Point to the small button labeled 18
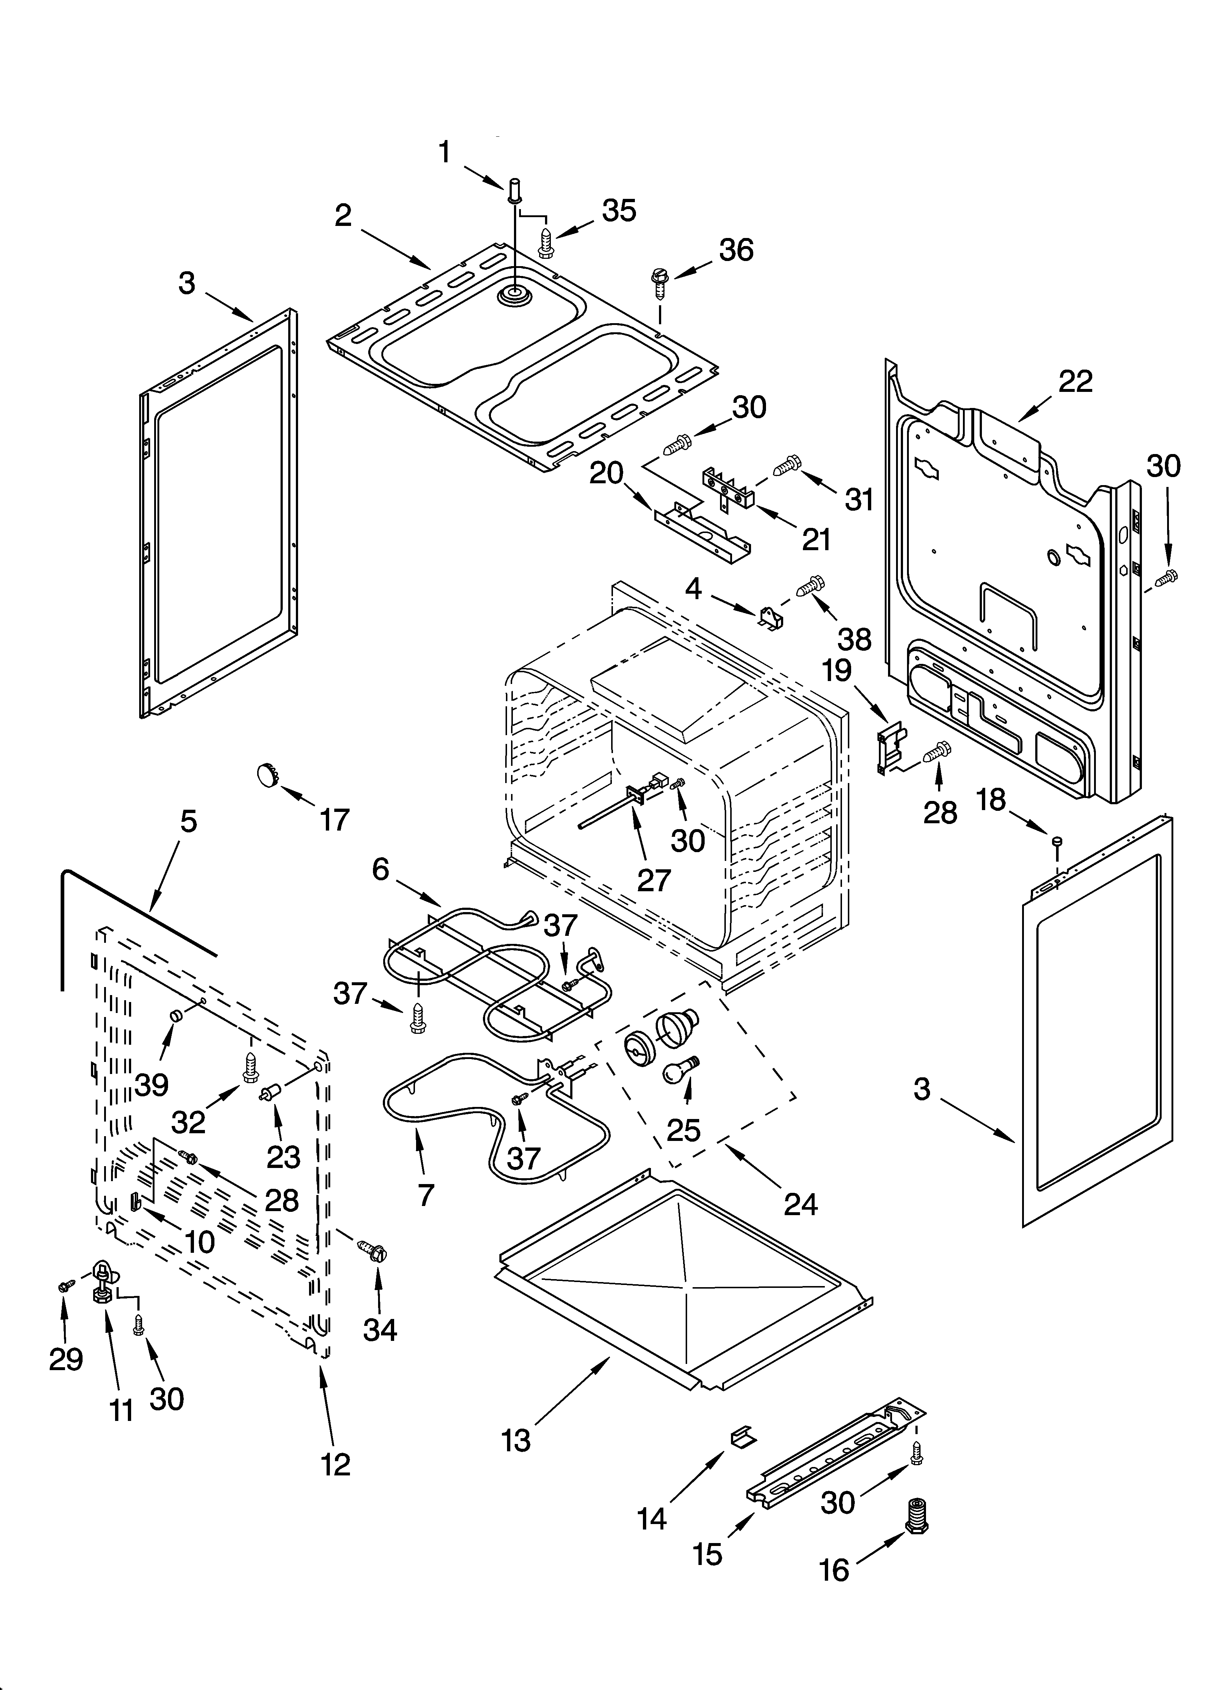click(1056, 842)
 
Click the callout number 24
click(801, 1203)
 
